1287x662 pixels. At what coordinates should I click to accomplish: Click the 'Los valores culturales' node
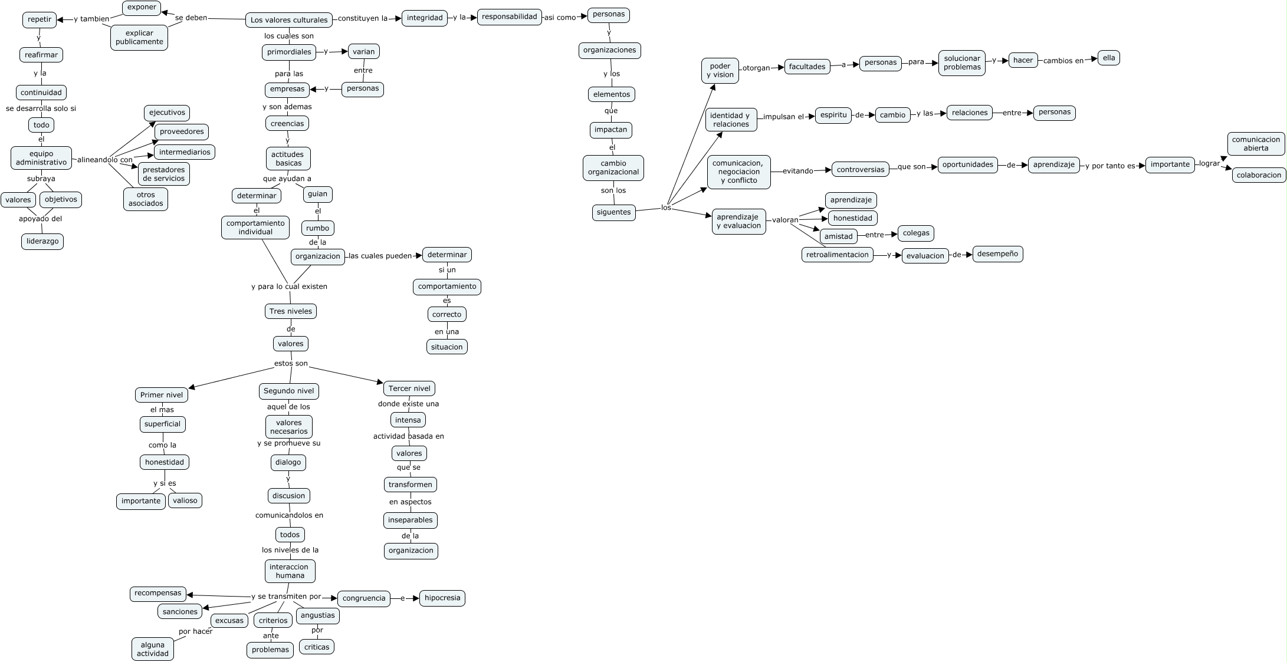(x=288, y=20)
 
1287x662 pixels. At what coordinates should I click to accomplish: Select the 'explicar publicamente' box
(x=139, y=38)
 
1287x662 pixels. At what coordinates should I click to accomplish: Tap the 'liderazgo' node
(x=42, y=242)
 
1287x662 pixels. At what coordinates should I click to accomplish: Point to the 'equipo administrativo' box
(x=41, y=158)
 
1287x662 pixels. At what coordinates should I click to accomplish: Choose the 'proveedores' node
(x=182, y=131)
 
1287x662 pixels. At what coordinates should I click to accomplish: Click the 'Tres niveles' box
(x=290, y=311)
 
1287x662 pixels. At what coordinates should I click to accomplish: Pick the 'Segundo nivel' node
(x=289, y=391)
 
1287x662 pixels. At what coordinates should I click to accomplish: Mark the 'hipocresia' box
(x=442, y=598)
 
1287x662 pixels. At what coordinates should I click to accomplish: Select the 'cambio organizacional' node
(x=613, y=168)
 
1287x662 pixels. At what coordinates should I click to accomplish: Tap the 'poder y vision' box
(x=720, y=71)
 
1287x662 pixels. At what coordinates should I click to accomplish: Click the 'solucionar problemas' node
(x=962, y=62)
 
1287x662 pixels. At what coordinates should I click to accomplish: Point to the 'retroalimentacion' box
(x=838, y=255)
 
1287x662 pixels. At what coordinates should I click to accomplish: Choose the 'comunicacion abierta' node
(x=1256, y=144)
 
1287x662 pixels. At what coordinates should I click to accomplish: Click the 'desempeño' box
(x=997, y=254)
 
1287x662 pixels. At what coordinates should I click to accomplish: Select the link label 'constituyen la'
(x=362, y=18)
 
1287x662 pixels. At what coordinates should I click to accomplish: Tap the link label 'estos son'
(x=291, y=364)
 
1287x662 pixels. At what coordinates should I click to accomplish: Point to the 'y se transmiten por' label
(x=286, y=597)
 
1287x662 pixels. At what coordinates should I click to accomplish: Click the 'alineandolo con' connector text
(x=105, y=160)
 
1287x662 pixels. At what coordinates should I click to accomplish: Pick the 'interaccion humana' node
(x=290, y=571)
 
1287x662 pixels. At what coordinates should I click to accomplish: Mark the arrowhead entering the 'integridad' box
(x=399, y=18)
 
